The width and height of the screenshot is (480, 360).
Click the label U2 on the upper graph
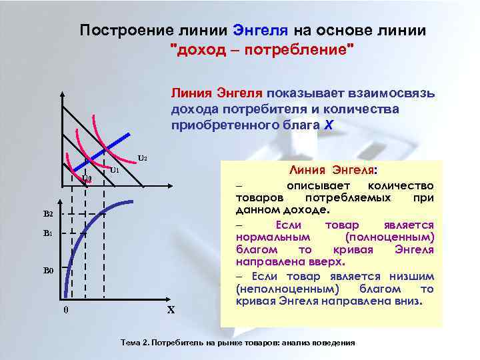[x=142, y=159]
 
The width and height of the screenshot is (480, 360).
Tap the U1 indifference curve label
[x=114, y=170]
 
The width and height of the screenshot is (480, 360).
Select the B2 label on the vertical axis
[x=48, y=213]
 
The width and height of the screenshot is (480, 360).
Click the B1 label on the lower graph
[x=48, y=234]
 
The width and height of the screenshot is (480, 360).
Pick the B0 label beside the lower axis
[x=48, y=271]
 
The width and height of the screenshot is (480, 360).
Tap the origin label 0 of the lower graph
[x=65, y=309]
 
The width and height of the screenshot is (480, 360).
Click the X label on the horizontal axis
[x=171, y=310]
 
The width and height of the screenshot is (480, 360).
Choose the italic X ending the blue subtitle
[x=327, y=125]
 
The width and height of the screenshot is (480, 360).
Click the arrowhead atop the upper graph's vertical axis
[x=62, y=93]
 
